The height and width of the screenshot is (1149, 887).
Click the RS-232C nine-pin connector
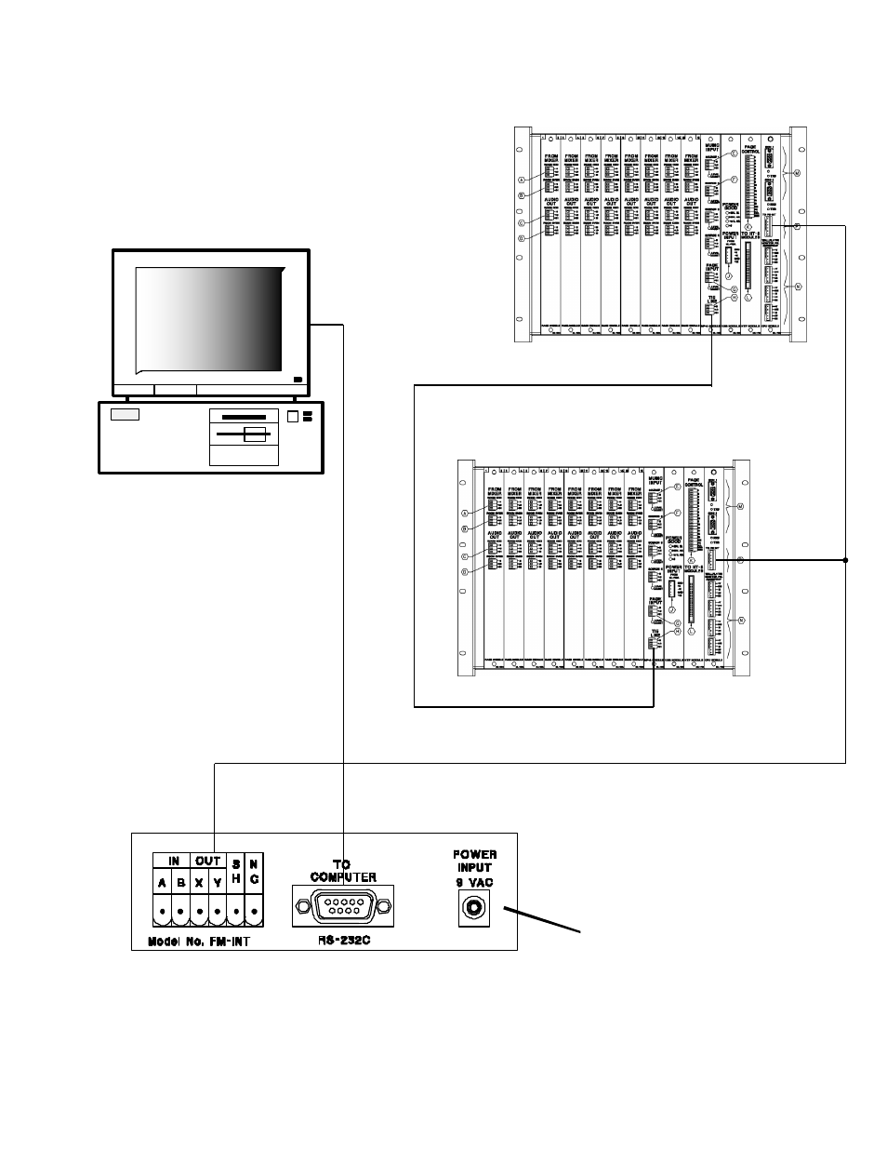(x=342, y=905)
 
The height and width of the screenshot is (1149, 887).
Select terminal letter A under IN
(x=163, y=884)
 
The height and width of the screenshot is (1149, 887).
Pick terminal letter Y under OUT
(x=217, y=884)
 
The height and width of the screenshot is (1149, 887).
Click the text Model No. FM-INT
(x=199, y=941)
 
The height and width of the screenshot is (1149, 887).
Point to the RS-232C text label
(x=342, y=939)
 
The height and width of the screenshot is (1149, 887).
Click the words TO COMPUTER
(x=342, y=871)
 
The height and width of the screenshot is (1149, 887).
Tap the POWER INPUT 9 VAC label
(x=475, y=866)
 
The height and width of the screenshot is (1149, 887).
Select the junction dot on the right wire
(x=845, y=560)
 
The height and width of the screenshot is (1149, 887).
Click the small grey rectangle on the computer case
(x=125, y=414)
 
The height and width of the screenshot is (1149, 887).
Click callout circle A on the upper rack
(x=522, y=180)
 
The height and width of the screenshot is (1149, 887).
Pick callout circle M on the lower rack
(x=739, y=506)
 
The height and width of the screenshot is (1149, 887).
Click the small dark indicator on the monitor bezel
(x=297, y=379)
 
